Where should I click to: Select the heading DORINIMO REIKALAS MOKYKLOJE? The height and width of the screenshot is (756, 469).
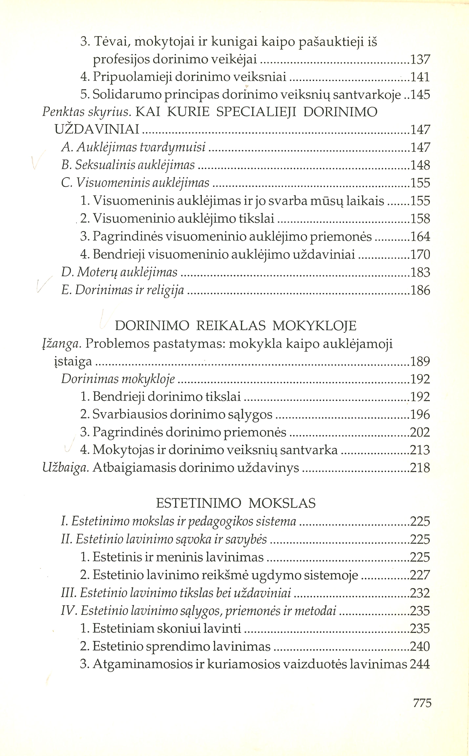point(236,326)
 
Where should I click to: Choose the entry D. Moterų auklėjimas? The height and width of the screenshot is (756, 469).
point(119,272)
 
